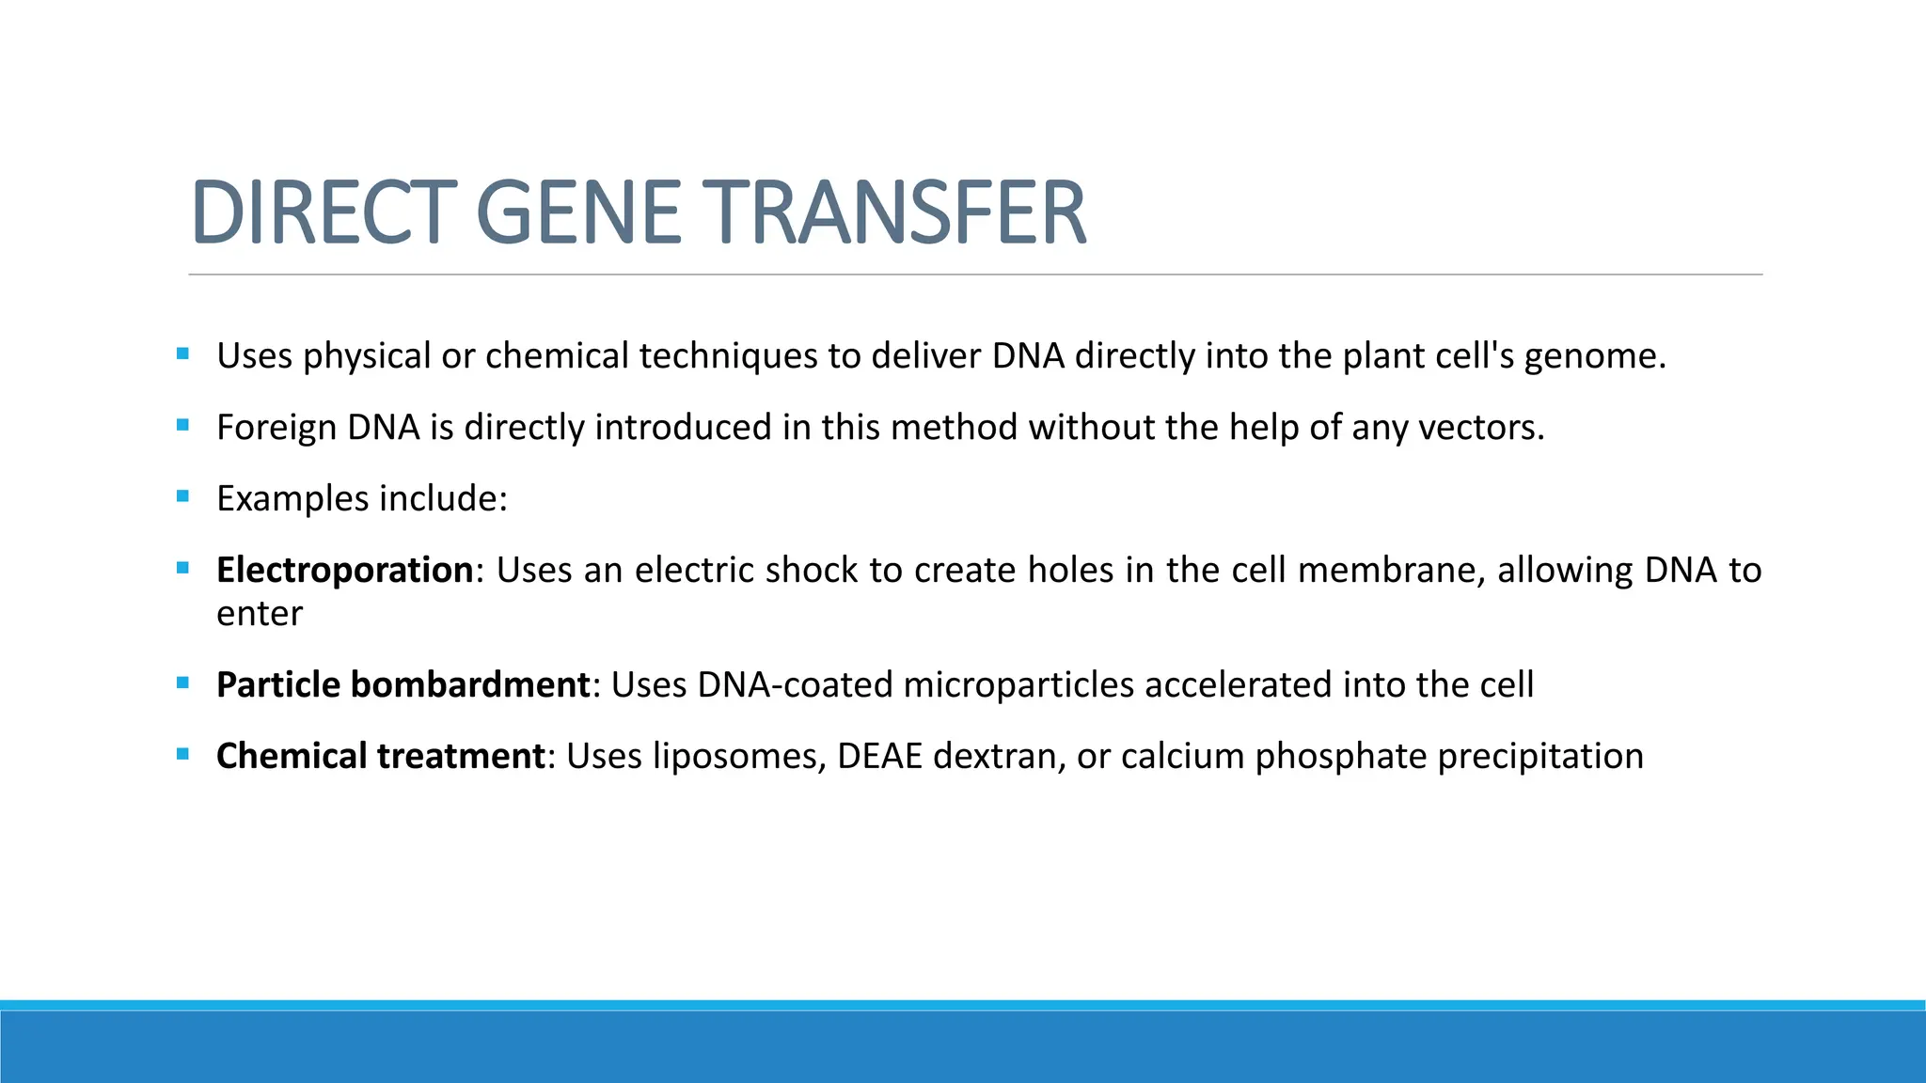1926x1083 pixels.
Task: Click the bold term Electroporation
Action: pyautogui.click(x=344, y=570)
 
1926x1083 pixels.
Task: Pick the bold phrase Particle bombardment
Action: pyautogui.click(x=403, y=684)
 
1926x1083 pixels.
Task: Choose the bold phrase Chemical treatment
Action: pyautogui.click(x=380, y=756)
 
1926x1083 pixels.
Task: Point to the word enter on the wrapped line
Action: pyautogui.click(x=260, y=614)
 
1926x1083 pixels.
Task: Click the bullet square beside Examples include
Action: pyautogui.click(x=182, y=496)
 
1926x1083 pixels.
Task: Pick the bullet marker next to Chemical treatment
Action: pyautogui.click(x=182, y=754)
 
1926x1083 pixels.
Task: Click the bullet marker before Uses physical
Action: pyautogui.click(x=182, y=354)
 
